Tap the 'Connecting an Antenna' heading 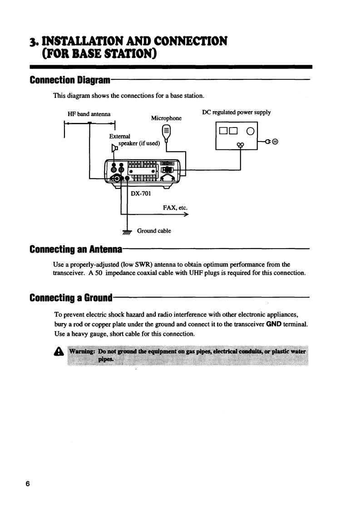tap(75, 250)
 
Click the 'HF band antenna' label tap(87, 113)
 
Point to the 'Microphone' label tap(166, 118)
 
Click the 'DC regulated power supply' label tap(237, 112)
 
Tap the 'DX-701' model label tap(141, 194)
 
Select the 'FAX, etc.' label tap(175, 208)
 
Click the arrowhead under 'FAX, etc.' tap(186, 215)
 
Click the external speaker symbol tap(114, 148)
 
